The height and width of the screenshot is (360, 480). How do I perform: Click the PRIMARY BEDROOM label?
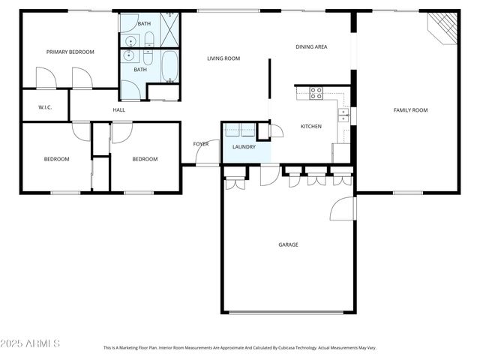click(x=70, y=52)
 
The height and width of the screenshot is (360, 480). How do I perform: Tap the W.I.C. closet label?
click(x=44, y=107)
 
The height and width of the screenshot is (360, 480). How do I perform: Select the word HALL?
click(x=118, y=110)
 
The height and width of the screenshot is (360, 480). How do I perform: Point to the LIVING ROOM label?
click(x=223, y=58)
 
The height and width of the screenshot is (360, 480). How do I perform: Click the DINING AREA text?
click(x=311, y=46)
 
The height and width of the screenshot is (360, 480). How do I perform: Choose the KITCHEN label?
click(x=310, y=126)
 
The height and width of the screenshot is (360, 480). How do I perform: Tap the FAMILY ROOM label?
click(x=410, y=110)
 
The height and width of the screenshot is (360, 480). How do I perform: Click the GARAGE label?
click(x=288, y=244)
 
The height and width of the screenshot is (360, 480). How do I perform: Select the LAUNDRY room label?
click(x=244, y=147)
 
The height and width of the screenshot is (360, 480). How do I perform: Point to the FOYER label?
click(x=200, y=144)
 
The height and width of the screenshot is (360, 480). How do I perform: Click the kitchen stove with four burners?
click(x=316, y=93)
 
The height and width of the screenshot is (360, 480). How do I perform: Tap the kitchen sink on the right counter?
click(x=343, y=115)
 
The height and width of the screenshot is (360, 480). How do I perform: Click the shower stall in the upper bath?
click(x=169, y=30)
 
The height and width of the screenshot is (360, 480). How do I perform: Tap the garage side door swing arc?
click(x=341, y=208)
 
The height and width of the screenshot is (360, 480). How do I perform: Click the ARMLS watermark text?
click(x=31, y=343)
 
